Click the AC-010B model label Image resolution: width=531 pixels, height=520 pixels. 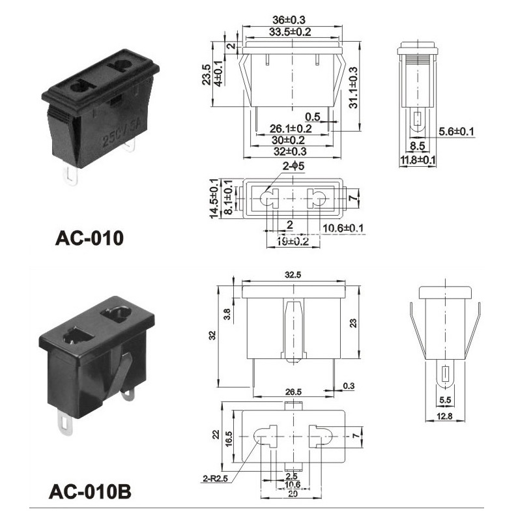click(89, 489)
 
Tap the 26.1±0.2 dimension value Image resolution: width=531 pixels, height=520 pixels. click(291, 129)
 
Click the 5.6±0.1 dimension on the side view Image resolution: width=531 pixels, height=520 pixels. click(456, 132)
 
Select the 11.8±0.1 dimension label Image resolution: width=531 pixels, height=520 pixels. click(418, 159)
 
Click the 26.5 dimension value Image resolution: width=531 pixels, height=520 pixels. click(294, 392)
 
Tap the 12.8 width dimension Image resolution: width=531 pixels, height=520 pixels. click(445, 416)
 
